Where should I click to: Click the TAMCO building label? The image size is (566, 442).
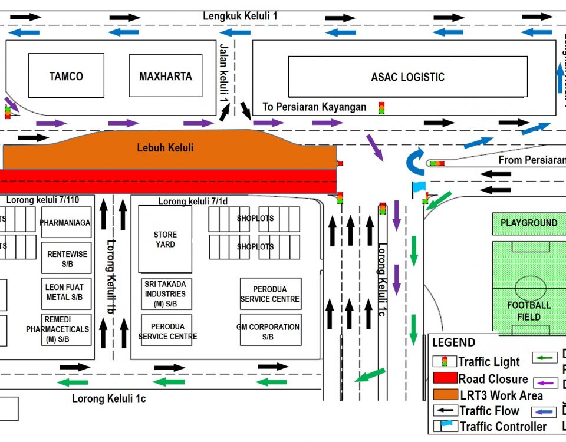(66, 76)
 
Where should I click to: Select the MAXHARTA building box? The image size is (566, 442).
(165, 76)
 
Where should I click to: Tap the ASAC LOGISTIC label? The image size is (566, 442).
(407, 77)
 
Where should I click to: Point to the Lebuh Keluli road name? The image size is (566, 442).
(165, 147)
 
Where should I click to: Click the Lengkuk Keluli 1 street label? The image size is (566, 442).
(240, 16)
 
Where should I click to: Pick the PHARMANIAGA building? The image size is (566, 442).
(65, 222)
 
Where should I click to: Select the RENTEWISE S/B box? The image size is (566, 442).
(67, 259)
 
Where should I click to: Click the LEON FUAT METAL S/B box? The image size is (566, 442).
(66, 293)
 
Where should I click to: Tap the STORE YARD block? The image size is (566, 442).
(165, 239)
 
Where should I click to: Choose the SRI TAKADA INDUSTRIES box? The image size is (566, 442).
(165, 293)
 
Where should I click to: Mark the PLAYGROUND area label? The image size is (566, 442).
(529, 223)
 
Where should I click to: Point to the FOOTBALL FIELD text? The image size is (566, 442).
(529, 311)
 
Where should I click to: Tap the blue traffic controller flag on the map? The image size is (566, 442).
(418, 187)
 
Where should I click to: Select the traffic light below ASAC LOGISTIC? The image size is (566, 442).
(381, 108)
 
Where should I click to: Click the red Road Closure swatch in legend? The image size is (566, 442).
(445, 378)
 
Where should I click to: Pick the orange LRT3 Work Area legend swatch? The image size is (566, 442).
(445, 394)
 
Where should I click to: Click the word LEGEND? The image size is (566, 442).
(453, 342)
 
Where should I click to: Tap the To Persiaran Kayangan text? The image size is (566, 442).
(314, 107)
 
